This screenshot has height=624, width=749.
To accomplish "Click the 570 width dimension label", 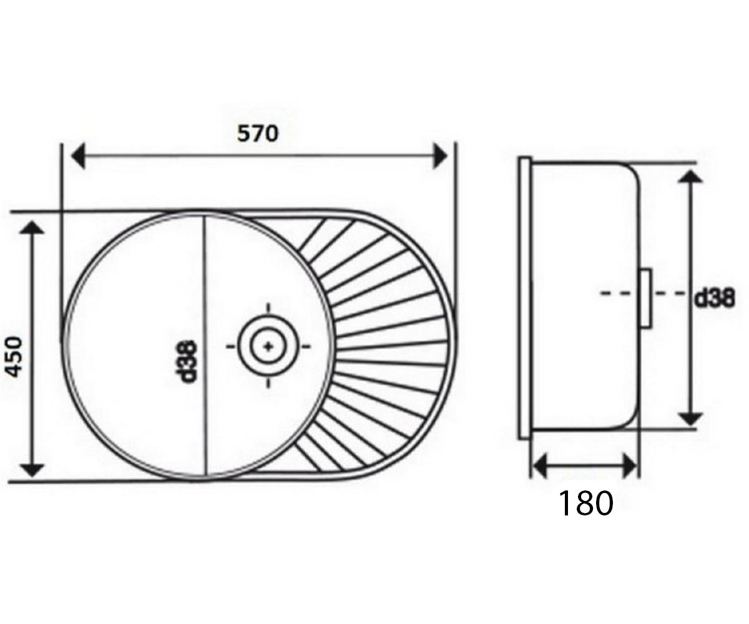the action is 258,134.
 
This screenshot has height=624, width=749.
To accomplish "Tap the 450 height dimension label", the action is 15,357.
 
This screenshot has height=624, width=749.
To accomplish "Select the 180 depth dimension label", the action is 586,503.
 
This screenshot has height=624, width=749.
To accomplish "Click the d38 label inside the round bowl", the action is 187,361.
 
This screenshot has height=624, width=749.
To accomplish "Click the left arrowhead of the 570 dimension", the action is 78,155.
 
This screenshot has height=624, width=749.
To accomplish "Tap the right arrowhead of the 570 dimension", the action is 441,155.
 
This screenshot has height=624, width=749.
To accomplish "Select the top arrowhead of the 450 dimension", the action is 32,228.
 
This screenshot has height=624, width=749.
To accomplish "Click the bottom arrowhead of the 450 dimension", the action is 32,470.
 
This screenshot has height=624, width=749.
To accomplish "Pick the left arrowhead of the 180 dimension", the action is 541,466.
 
